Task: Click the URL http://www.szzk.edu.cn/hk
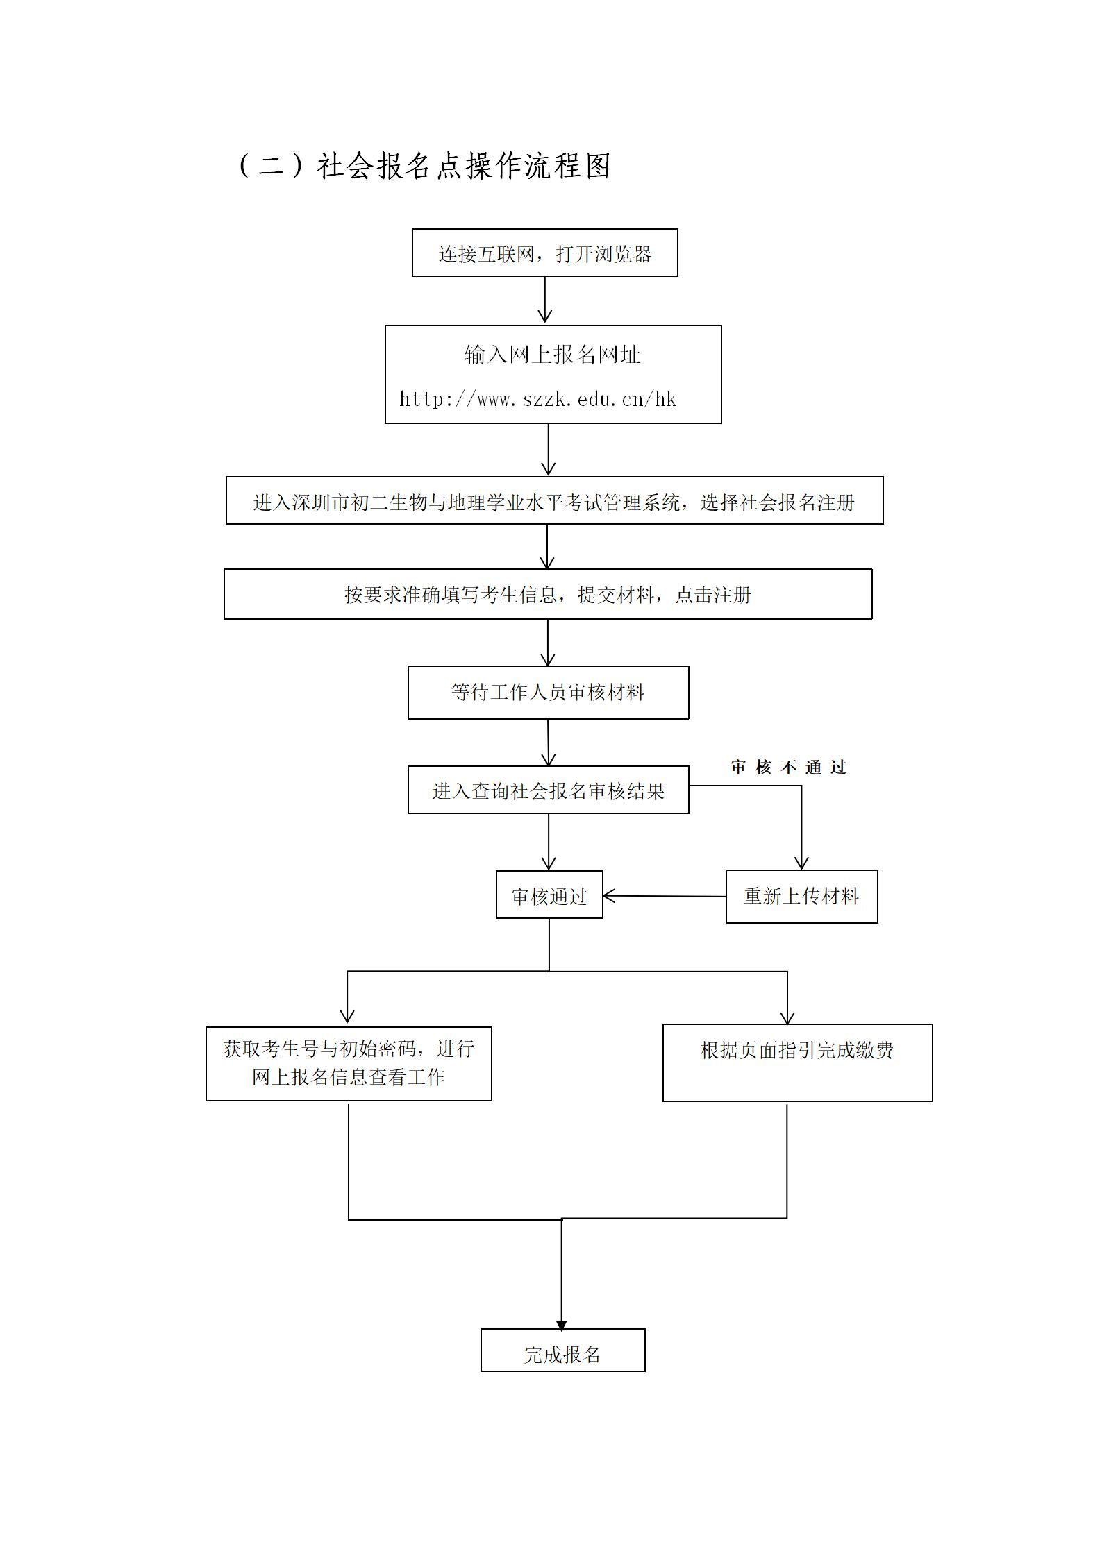(537, 399)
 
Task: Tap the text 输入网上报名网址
(553, 355)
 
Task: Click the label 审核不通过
(789, 767)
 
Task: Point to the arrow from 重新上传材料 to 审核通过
(665, 896)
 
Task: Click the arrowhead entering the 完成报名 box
(562, 1325)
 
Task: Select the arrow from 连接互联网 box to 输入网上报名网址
(545, 300)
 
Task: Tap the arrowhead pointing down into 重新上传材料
(802, 863)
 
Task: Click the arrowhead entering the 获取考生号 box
(347, 1016)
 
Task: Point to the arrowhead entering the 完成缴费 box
(787, 1017)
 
